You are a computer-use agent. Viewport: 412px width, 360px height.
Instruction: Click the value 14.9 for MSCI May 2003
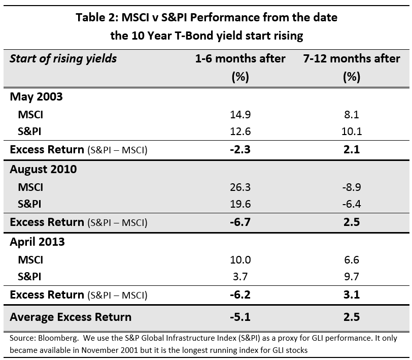point(240,115)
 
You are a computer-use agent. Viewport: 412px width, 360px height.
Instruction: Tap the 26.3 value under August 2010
point(240,187)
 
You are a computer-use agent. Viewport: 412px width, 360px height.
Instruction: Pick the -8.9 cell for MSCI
point(352,187)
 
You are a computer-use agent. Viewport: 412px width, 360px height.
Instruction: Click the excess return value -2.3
point(240,150)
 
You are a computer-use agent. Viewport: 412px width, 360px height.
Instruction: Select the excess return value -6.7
point(240,222)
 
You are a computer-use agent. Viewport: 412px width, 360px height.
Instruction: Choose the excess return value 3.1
point(352,295)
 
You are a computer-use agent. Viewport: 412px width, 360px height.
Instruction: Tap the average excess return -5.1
point(240,317)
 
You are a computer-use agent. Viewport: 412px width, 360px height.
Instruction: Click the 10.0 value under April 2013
point(240,260)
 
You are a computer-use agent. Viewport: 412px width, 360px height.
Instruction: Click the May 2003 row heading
point(36,97)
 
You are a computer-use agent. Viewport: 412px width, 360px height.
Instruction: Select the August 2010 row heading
point(43,170)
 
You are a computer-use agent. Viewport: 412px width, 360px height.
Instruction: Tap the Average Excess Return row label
point(71,317)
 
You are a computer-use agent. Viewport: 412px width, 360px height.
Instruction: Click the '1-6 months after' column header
point(240,58)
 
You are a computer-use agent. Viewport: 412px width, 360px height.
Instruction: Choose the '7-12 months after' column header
point(352,58)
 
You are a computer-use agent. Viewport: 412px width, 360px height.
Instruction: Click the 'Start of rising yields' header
point(63,58)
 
